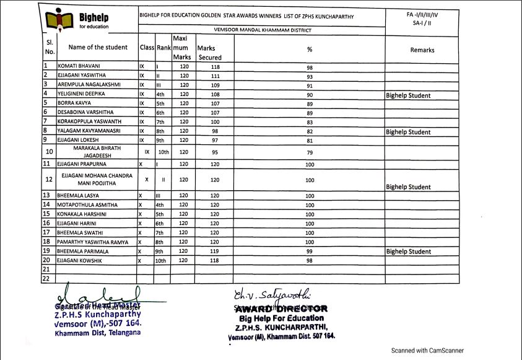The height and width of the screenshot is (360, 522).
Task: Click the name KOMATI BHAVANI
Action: [79, 65]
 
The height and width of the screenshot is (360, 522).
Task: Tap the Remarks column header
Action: [422, 50]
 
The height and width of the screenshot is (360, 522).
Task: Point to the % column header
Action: [310, 49]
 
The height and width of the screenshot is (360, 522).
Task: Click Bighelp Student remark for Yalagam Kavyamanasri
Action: [408, 132]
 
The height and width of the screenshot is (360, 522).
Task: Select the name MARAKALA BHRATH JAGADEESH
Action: [94, 152]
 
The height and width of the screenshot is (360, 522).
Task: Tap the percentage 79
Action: [310, 152]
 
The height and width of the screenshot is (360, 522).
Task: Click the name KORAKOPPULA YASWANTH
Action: [86, 121]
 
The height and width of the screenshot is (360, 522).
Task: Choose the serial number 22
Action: [46, 279]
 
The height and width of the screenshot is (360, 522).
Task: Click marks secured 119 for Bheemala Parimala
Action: [215, 252]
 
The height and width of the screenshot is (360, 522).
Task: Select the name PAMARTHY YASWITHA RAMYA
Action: [93, 242]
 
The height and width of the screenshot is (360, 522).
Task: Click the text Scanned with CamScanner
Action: [427, 350]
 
